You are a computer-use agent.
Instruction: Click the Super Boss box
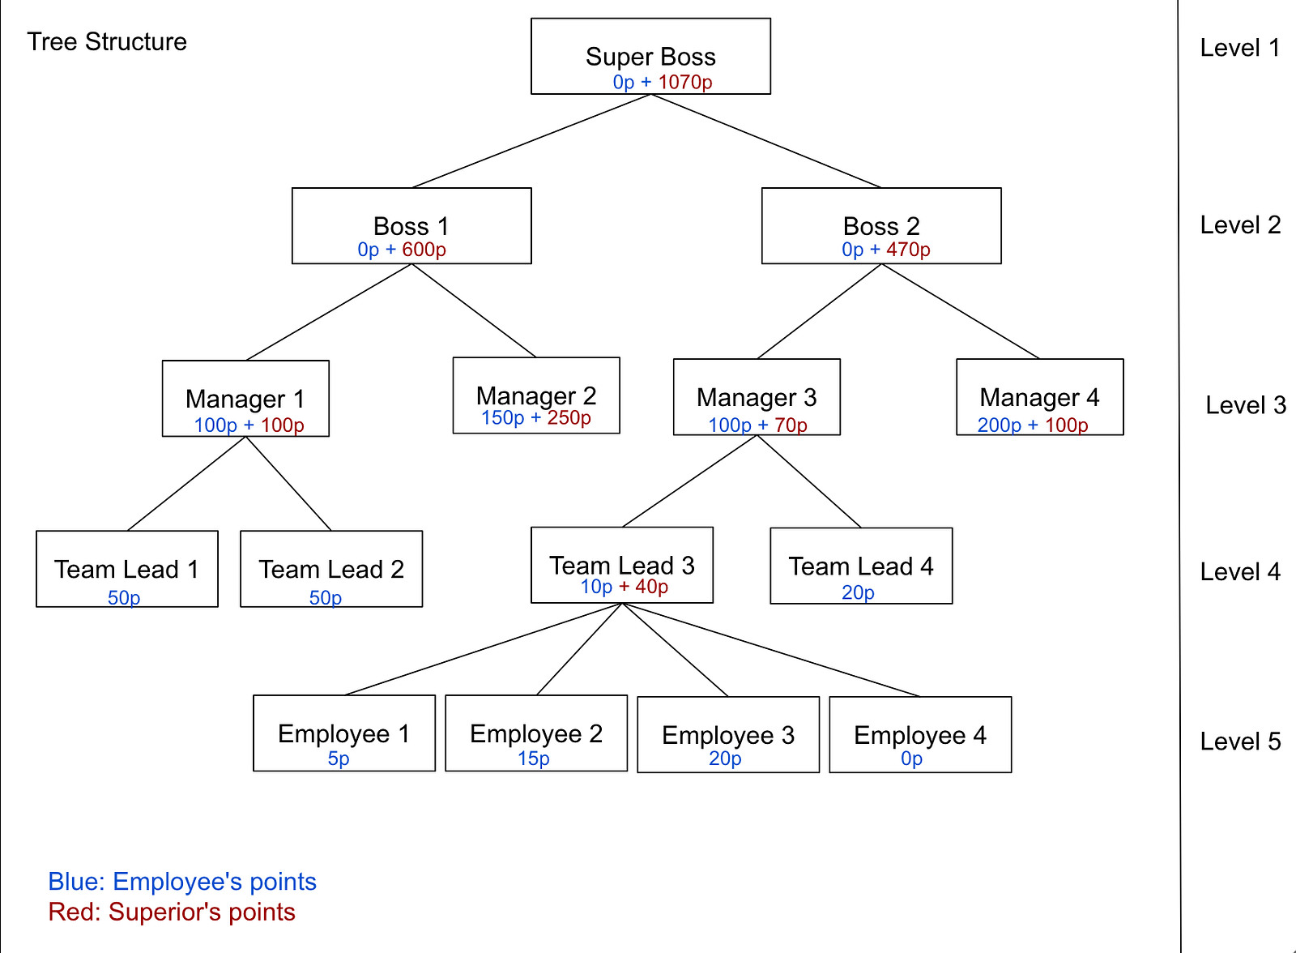point(650,56)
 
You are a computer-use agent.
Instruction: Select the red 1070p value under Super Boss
point(685,82)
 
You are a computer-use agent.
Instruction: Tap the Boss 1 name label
point(411,226)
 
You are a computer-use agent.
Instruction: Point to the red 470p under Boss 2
point(908,250)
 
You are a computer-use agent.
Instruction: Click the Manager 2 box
point(536,395)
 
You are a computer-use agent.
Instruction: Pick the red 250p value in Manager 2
point(569,417)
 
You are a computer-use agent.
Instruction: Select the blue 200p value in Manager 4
point(1000,425)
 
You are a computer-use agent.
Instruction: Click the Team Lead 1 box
point(127,569)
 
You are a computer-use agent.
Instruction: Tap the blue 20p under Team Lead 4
point(858,592)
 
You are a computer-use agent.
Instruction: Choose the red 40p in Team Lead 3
point(651,587)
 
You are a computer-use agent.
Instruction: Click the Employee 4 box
point(920,734)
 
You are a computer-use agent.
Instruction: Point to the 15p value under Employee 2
point(534,759)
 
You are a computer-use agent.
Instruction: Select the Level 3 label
point(1246,405)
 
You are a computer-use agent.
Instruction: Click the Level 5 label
point(1240,741)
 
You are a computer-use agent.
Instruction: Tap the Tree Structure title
point(107,41)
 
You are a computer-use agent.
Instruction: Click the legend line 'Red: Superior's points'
point(172,912)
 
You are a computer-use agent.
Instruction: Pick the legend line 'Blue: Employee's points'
point(182,882)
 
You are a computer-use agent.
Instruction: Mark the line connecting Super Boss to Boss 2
point(766,141)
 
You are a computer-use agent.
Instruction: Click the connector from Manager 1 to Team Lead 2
point(288,484)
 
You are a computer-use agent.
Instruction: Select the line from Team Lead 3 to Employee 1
point(483,649)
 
